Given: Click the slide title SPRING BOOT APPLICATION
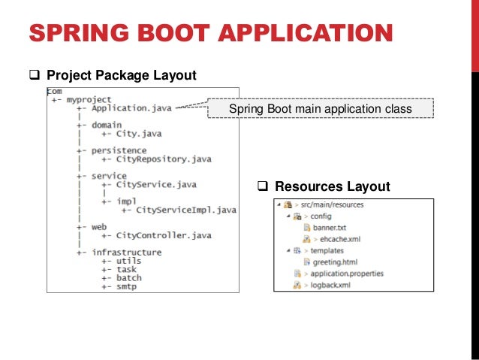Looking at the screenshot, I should click(x=210, y=34).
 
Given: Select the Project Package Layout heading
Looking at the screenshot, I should click(x=121, y=75).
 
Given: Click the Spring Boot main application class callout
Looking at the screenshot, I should click(x=320, y=110).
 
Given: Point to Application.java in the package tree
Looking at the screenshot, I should click(x=131, y=108).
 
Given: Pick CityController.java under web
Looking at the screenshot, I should click(x=164, y=235).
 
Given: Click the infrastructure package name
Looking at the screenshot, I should click(x=126, y=253).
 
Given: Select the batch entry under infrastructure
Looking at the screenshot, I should click(x=128, y=278).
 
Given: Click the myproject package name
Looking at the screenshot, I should click(x=89, y=99).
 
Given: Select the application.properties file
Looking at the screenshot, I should click(x=348, y=274).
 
